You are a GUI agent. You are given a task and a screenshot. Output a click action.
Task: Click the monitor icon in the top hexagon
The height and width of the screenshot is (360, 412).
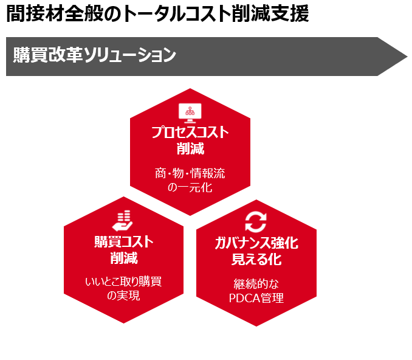coord(190,112)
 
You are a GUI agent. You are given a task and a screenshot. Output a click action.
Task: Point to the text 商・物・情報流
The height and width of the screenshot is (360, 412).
coord(190,173)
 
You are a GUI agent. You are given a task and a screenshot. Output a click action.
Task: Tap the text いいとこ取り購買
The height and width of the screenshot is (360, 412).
coord(123,282)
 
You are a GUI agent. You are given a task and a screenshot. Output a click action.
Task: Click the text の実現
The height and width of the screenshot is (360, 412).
coord(123,296)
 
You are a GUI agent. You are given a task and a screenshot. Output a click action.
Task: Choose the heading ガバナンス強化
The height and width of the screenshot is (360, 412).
coord(256,243)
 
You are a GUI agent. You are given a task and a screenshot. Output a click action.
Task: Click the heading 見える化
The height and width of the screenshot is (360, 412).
coord(256,260)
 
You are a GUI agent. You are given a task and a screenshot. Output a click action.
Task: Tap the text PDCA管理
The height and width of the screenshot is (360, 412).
coord(256,298)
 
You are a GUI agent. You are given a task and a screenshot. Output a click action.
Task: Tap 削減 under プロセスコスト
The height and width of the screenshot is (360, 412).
coord(190,148)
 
